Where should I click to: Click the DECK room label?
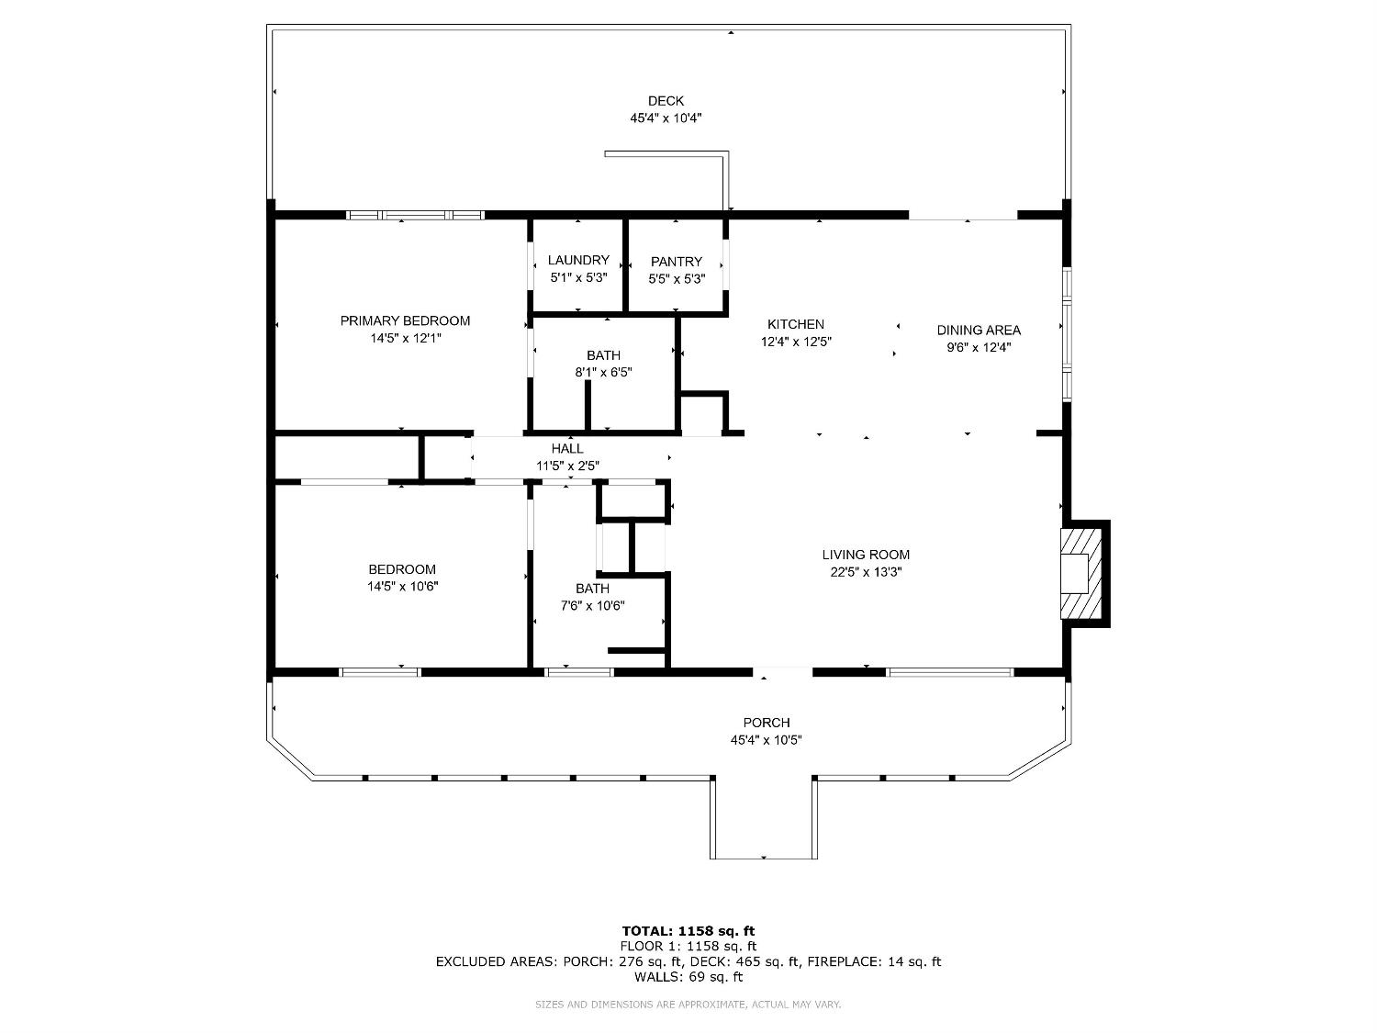pyautogui.click(x=666, y=101)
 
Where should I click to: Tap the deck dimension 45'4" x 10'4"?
pyautogui.click(x=666, y=118)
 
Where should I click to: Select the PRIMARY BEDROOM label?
pyautogui.click(x=405, y=320)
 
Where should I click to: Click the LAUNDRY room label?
pyautogui.click(x=578, y=260)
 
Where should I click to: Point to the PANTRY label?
pyautogui.click(x=676, y=262)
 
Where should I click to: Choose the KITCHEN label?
pyautogui.click(x=795, y=324)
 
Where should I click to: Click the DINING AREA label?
pyautogui.click(x=979, y=330)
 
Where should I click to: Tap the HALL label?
pyautogui.click(x=567, y=448)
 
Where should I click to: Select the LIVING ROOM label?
pyautogui.click(x=866, y=555)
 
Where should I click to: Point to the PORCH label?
pyautogui.click(x=766, y=723)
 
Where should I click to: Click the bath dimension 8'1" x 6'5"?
pyautogui.click(x=603, y=373)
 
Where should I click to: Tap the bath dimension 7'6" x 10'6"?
pyautogui.click(x=592, y=606)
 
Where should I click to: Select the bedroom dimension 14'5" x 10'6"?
pyautogui.click(x=402, y=587)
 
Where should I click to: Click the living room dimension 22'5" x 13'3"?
pyautogui.click(x=866, y=572)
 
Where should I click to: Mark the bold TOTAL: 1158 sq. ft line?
pyautogui.click(x=688, y=930)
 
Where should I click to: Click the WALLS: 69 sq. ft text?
pyautogui.click(x=688, y=977)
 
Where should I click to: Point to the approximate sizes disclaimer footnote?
pyautogui.click(x=688, y=1005)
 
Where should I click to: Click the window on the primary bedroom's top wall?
pyautogui.click(x=415, y=215)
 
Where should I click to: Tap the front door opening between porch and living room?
pyautogui.click(x=783, y=671)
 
